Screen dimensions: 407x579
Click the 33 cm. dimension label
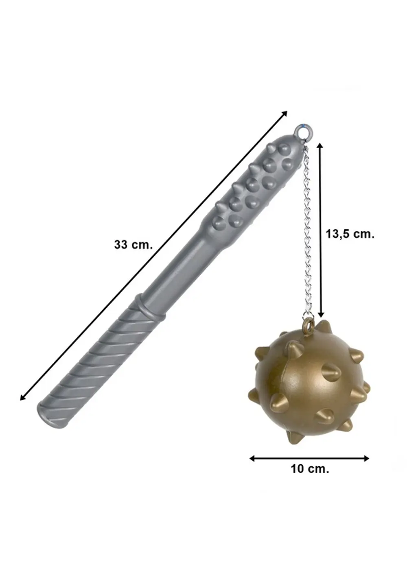133,244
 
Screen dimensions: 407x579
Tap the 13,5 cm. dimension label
350,234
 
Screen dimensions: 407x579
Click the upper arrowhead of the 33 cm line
284,113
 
